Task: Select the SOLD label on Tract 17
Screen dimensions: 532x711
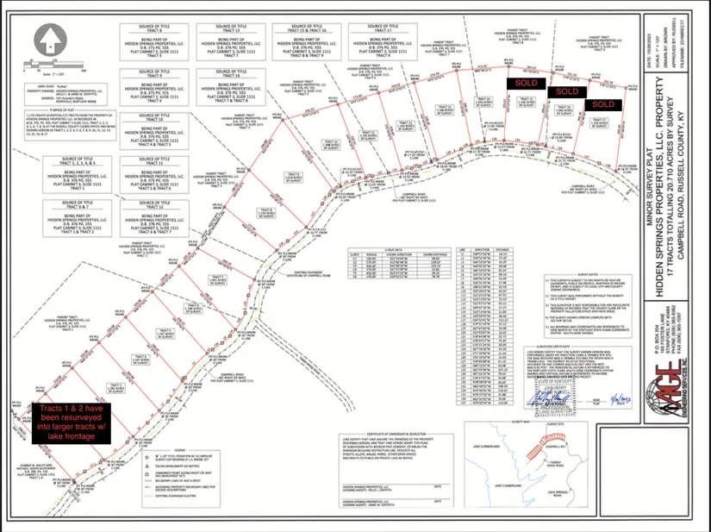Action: (x=602, y=104)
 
